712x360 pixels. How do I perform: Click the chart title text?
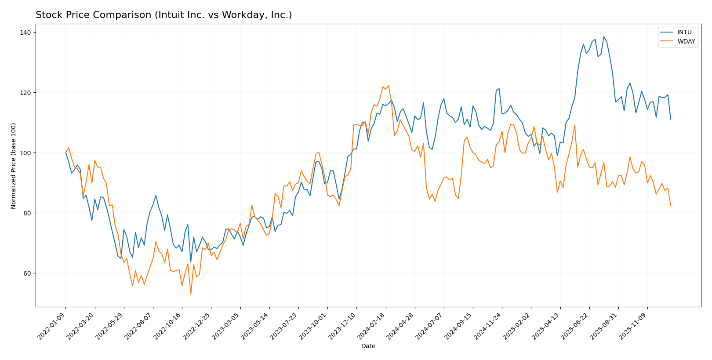(x=163, y=15)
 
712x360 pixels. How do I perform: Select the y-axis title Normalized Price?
(x=14, y=166)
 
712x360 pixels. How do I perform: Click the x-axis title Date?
(x=368, y=346)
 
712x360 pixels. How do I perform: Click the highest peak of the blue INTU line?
(x=603, y=36)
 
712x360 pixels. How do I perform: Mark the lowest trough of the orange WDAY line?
(x=191, y=294)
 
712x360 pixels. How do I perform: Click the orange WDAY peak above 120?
(x=389, y=85)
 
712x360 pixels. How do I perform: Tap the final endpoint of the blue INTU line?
(x=671, y=120)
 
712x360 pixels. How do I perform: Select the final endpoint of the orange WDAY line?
(x=671, y=206)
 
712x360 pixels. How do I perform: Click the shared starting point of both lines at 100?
(x=65, y=153)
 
